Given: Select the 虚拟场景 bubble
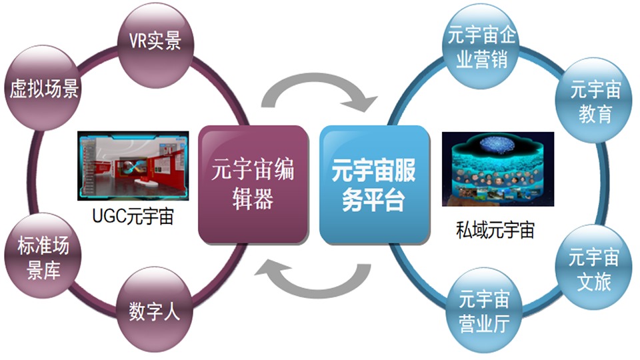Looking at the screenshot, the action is coord(43,88).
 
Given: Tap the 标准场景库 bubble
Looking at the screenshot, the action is coord(43,256).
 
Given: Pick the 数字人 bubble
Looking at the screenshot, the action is coord(155,310).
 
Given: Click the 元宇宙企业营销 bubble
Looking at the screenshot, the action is coord(481,46).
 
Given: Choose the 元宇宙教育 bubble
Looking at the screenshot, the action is coord(594,101).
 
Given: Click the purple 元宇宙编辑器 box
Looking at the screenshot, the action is coord(253,185).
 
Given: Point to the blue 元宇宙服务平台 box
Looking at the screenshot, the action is coord(374,185).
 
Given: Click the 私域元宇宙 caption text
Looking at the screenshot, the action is coord(495,230).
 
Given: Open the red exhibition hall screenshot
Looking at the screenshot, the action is coord(133,166).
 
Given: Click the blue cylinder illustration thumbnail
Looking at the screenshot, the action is coord(498,169).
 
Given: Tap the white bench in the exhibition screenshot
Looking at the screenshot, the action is coord(144,181).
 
